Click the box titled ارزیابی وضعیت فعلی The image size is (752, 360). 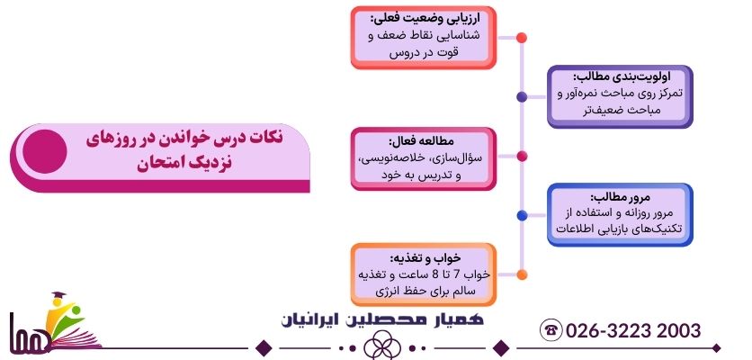(x=423, y=35)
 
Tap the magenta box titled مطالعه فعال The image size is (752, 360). (x=423, y=158)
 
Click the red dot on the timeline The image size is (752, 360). (x=522, y=38)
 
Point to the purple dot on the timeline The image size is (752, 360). (x=522, y=96)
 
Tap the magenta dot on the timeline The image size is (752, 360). (x=522, y=156)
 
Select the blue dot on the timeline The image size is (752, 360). (x=522, y=214)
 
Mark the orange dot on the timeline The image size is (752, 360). (x=522, y=274)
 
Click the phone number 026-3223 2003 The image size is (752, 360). (x=633, y=330)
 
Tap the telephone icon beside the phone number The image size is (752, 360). (x=551, y=330)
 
